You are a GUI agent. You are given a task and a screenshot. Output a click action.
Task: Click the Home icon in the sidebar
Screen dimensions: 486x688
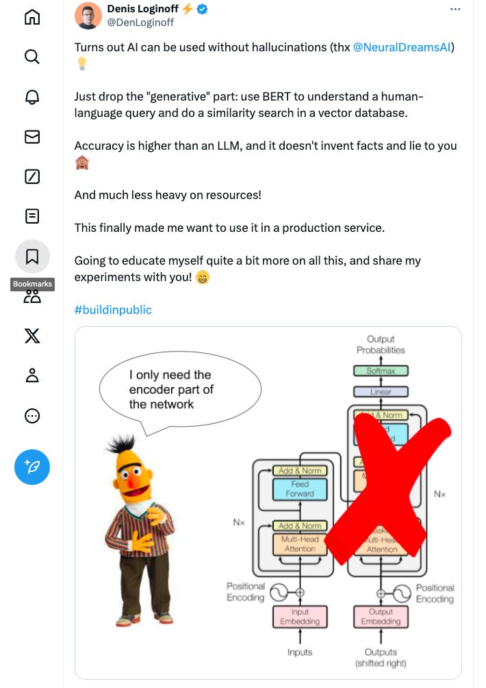pyautogui.click(x=32, y=17)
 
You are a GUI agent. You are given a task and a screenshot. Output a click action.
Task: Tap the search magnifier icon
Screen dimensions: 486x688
pyautogui.click(x=32, y=57)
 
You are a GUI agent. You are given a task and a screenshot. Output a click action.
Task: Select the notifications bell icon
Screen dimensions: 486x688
pyautogui.click(x=32, y=96)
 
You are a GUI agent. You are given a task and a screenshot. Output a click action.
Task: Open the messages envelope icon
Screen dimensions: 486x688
pyautogui.click(x=32, y=137)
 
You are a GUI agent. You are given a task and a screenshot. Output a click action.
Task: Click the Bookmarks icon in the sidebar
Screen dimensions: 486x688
pyautogui.click(x=32, y=256)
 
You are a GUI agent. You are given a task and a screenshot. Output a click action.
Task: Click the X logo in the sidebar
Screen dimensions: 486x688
pyautogui.click(x=32, y=335)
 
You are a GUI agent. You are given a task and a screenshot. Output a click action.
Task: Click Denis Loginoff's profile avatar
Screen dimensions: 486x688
pyautogui.click(x=88, y=16)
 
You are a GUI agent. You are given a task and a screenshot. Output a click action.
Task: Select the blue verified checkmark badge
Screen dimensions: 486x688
pyautogui.click(x=203, y=10)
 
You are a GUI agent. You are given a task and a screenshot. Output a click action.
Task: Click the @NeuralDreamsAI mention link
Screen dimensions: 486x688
pyautogui.click(x=403, y=47)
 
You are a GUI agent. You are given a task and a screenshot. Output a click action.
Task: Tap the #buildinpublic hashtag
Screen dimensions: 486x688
pyautogui.click(x=113, y=310)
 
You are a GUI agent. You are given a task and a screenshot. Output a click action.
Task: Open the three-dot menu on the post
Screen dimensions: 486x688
pyautogui.click(x=455, y=10)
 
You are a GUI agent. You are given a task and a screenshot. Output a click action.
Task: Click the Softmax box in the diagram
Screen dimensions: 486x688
pyautogui.click(x=381, y=371)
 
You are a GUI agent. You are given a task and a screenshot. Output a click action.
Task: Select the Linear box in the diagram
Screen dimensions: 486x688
pyautogui.click(x=381, y=393)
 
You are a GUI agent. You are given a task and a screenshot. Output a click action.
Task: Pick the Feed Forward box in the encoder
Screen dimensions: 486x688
pyautogui.click(x=300, y=488)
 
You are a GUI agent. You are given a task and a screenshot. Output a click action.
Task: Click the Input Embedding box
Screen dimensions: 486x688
pyautogui.click(x=300, y=616)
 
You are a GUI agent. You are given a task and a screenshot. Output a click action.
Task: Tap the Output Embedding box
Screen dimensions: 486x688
pyautogui.click(x=381, y=616)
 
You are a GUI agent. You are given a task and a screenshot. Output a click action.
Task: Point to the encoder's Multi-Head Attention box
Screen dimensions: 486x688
pyautogui.click(x=300, y=544)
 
